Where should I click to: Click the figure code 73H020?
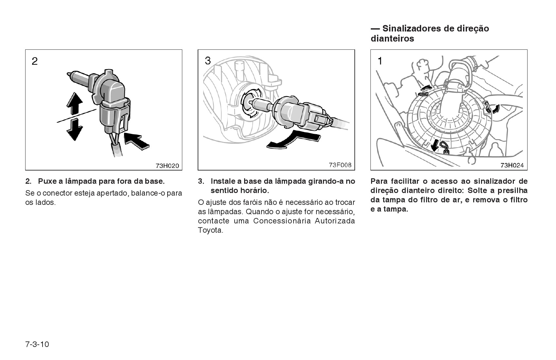tap(167, 166)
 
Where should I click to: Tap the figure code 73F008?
tap(340, 165)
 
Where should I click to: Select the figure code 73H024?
tap(512, 165)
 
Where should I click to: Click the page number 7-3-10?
tap(37, 344)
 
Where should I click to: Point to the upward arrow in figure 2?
tap(75, 103)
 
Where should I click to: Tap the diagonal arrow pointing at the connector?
tap(136, 141)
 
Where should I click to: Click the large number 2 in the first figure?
tap(35, 61)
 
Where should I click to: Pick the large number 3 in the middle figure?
tap(208, 61)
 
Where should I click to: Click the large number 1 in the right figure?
tap(380, 61)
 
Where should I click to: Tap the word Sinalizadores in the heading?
tap(412, 28)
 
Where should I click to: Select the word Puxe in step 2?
tap(47, 182)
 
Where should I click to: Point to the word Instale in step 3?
tap(223, 182)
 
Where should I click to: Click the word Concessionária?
tap(282, 221)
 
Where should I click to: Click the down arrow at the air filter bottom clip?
tap(434, 145)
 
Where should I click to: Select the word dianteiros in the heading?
tap(392, 39)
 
